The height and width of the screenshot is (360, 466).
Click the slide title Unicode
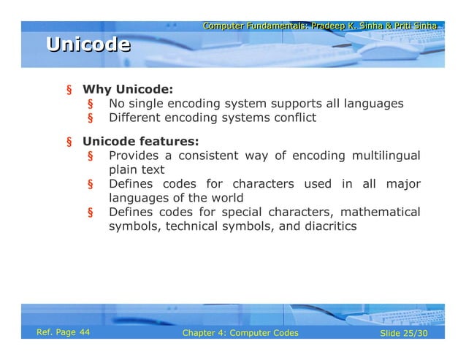point(88,45)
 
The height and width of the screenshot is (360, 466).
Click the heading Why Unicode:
point(127,90)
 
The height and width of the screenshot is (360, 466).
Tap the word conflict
point(293,117)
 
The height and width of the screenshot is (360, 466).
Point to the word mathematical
point(378,212)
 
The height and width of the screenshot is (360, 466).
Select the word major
point(402,183)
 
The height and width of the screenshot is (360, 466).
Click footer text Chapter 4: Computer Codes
point(240,333)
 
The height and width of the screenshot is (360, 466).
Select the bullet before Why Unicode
point(69,91)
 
